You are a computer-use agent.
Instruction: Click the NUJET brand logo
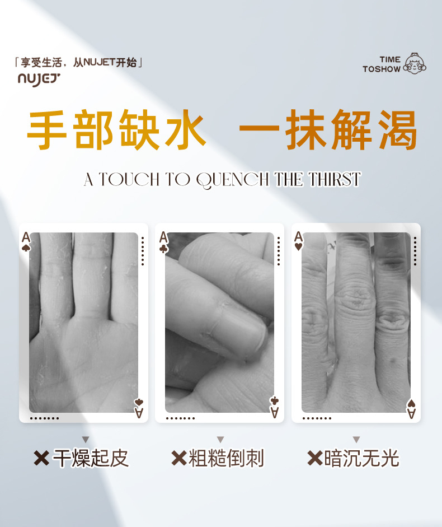click(x=39, y=80)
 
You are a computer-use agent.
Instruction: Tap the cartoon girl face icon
click(x=415, y=63)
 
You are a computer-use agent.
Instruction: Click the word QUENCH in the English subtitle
click(x=232, y=180)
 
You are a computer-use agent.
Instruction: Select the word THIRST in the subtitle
click(x=335, y=179)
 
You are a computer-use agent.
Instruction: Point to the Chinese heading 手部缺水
click(x=116, y=129)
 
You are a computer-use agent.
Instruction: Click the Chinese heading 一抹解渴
click(x=328, y=129)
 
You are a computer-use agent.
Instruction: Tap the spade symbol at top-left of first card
click(x=26, y=248)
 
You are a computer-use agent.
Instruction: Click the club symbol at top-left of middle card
click(x=163, y=249)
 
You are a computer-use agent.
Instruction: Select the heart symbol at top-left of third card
click(x=298, y=247)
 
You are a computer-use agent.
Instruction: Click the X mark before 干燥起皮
click(x=41, y=459)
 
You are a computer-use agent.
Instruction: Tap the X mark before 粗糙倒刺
click(x=179, y=459)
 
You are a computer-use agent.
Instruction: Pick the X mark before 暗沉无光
click(x=314, y=459)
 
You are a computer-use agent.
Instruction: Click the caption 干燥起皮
click(x=91, y=458)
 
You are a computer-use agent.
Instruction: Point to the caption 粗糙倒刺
click(x=226, y=458)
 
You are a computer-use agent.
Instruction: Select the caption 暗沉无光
click(x=361, y=458)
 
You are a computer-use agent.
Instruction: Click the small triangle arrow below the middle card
click(x=220, y=440)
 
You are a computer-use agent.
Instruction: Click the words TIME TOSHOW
click(x=382, y=64)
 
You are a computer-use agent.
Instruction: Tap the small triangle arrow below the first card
click(x=86, y=440)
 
